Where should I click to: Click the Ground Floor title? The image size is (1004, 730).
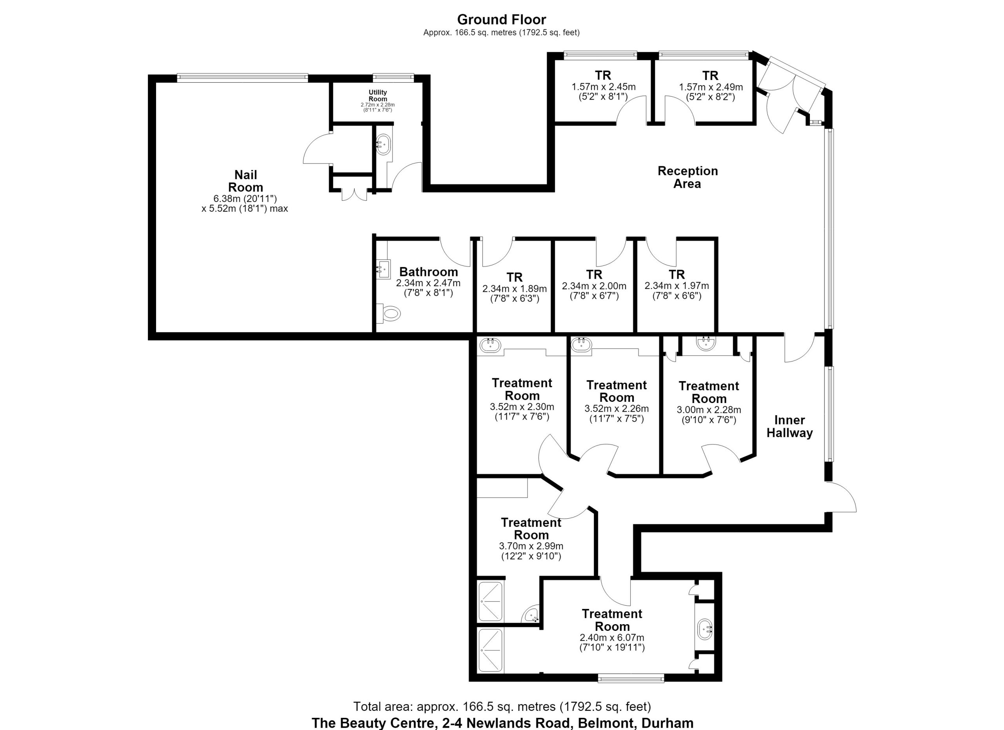coord(502,20)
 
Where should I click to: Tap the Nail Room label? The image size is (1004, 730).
coord(246,181)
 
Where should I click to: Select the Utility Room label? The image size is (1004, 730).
coord(378,96)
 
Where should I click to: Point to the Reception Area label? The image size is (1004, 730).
coord(688,177)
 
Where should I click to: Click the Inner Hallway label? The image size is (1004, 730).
coord(790,426)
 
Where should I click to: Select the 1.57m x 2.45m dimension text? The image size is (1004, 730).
coord(603,87)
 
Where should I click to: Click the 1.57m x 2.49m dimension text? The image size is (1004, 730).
coord(711,87)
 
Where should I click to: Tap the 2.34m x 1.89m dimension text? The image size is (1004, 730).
coord(515,289)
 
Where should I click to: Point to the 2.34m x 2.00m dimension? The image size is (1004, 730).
coord(594,286)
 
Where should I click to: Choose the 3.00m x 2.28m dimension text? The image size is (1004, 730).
coord(709,410)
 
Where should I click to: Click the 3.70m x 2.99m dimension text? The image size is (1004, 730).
coord(531,546)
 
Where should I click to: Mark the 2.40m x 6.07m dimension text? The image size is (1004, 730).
coord(612,637)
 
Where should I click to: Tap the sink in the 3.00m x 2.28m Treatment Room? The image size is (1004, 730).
coord(706,343)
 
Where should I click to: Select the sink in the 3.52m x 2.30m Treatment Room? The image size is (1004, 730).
coord(491,345)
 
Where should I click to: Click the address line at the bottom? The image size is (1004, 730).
coord(502,723)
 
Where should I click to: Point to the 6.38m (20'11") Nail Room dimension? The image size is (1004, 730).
coord(245,199)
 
